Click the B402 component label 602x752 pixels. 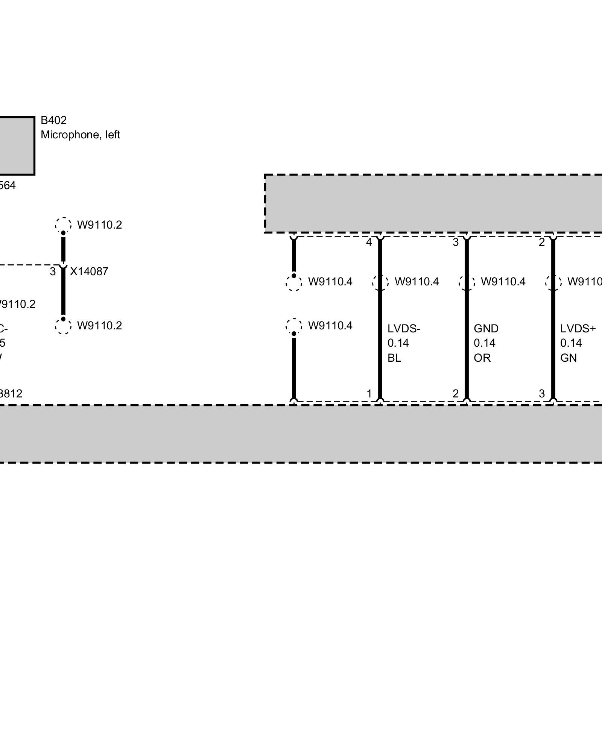[54, 120]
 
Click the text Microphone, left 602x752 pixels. [80, 135]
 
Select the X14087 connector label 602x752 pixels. [89, 271]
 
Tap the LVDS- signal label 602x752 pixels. [404, 329]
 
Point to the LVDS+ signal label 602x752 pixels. [578, 329]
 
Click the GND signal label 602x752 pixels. [486, 329]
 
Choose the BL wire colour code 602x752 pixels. [394, 358]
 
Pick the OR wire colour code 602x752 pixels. [482, 358]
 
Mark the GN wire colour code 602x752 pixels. [568, 358]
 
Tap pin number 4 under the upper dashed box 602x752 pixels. [369, 243]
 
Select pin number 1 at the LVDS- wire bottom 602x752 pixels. [369, 394]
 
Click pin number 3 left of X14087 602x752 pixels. [53, 271]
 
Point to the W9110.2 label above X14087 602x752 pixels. [100, 225]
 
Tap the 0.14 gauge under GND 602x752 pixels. [485, 343]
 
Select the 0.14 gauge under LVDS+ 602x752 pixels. [571, 343]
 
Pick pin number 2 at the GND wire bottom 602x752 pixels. [456, 394]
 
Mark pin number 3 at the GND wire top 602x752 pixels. [456, 243]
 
